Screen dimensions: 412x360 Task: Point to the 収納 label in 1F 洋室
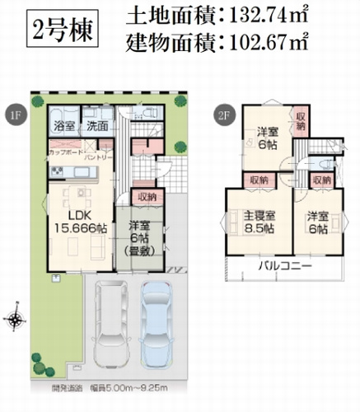click(149, 197)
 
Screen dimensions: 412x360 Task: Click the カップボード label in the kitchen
click(68, 153)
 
